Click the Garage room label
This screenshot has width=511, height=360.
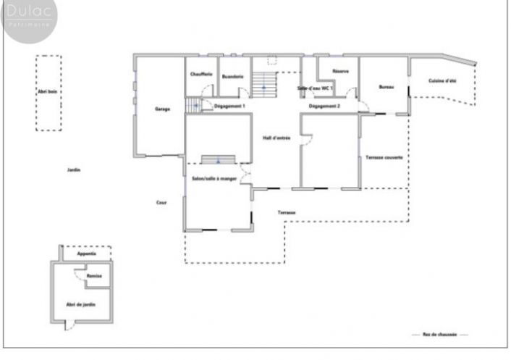162,109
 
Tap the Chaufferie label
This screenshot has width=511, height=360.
201,76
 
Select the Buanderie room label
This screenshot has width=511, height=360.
232,76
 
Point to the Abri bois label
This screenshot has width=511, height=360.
48,92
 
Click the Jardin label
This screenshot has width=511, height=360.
73,170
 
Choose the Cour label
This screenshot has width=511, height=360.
161,202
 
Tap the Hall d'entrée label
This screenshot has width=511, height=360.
276,137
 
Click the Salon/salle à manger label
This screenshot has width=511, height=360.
214,178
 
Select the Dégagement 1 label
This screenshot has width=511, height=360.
230,106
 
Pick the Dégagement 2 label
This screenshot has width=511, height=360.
324,106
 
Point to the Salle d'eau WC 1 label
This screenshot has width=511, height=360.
315,88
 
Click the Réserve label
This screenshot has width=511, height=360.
341,71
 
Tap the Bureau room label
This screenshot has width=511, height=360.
387,88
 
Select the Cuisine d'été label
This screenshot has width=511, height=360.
442,80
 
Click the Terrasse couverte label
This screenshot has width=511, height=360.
384,157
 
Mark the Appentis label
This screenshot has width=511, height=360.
87,254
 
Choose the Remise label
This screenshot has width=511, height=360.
94,276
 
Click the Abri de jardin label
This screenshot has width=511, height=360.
81,304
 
